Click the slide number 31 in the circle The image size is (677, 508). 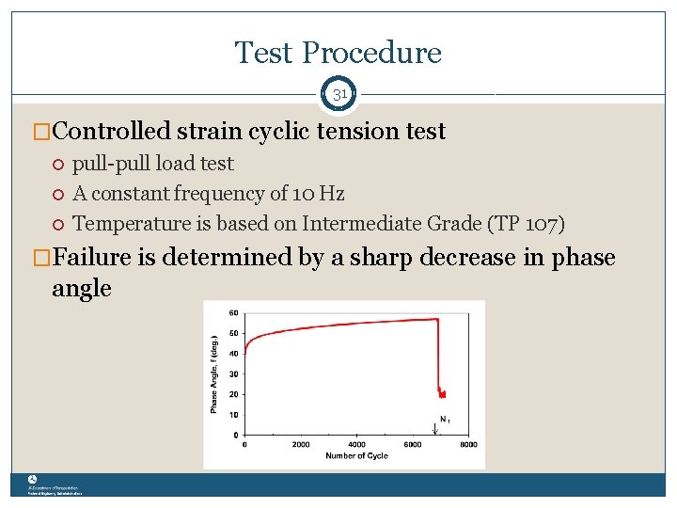[338, 95]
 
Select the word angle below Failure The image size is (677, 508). [82, 289]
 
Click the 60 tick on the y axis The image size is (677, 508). [234, 312]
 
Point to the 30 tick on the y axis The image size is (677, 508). [234, 374]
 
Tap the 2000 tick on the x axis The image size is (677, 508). [301, 445]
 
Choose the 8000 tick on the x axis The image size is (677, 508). [468, 445]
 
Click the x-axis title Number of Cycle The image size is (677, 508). [356, 457]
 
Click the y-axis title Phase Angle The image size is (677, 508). [214, 374]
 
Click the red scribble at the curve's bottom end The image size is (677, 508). [441, 391]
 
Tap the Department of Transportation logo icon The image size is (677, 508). [32, 479]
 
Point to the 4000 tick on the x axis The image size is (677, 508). [356, 445]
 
